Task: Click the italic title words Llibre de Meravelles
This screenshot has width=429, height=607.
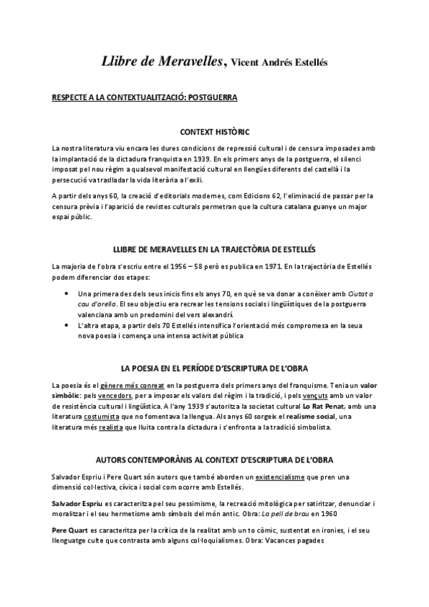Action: [x=163, y=62]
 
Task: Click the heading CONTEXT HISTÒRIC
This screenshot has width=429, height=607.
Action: [x=214, y=132]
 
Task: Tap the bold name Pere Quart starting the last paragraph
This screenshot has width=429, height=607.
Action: [x=73, y=530]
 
